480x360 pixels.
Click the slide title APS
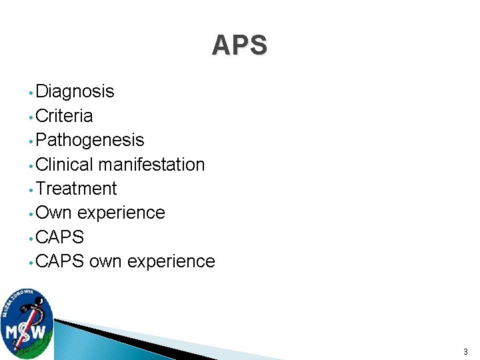coord(239,45)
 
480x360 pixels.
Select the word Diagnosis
coord(75,91)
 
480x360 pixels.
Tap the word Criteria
coord(64,116)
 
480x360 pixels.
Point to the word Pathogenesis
coord(90,140)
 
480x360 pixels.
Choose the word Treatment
coord(76,189)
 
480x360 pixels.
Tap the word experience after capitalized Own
coord(121,213)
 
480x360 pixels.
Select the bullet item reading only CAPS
coord(60,237)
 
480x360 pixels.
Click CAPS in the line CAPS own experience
coord(60,261)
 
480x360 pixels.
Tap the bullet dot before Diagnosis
coord(31,93)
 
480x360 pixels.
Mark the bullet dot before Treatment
coord(31,190)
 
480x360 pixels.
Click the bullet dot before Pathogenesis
coord(31,141)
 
